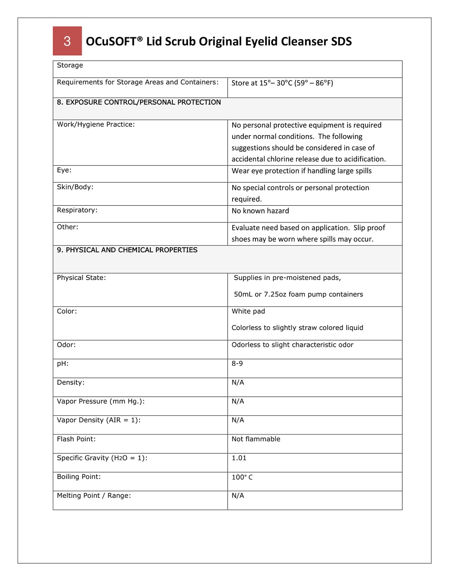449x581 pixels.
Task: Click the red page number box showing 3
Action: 67,41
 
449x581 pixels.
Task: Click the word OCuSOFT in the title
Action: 111,41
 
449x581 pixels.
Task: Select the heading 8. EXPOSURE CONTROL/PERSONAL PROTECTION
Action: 139,102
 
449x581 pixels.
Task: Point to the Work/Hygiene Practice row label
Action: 96,124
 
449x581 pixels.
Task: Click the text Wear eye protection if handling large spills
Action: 301,171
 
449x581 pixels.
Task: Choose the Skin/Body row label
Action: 75,187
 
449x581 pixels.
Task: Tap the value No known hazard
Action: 260,211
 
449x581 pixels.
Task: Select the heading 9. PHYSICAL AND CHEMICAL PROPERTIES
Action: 127,250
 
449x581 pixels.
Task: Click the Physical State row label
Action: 81,278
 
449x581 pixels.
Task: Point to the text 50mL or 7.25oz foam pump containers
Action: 298,294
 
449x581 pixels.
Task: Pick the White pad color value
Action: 248,311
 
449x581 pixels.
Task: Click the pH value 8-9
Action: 237,364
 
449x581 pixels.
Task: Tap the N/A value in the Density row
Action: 238,382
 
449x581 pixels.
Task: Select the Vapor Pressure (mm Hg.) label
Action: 101,401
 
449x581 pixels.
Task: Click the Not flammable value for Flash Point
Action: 255,439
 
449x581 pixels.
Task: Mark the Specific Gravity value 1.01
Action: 239,458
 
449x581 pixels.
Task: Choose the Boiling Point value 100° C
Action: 242,477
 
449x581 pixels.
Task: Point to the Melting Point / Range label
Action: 94,496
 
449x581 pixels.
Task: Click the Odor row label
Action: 66,345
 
